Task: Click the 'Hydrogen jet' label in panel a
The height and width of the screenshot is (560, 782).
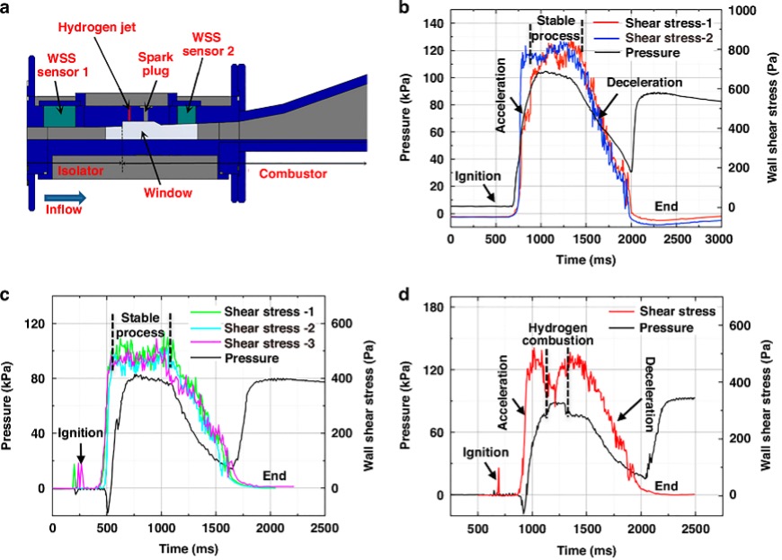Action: [101, 28]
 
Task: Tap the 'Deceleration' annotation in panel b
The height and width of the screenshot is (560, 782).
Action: [644, 82]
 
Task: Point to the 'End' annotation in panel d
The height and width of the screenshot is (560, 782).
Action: [666, 485]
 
